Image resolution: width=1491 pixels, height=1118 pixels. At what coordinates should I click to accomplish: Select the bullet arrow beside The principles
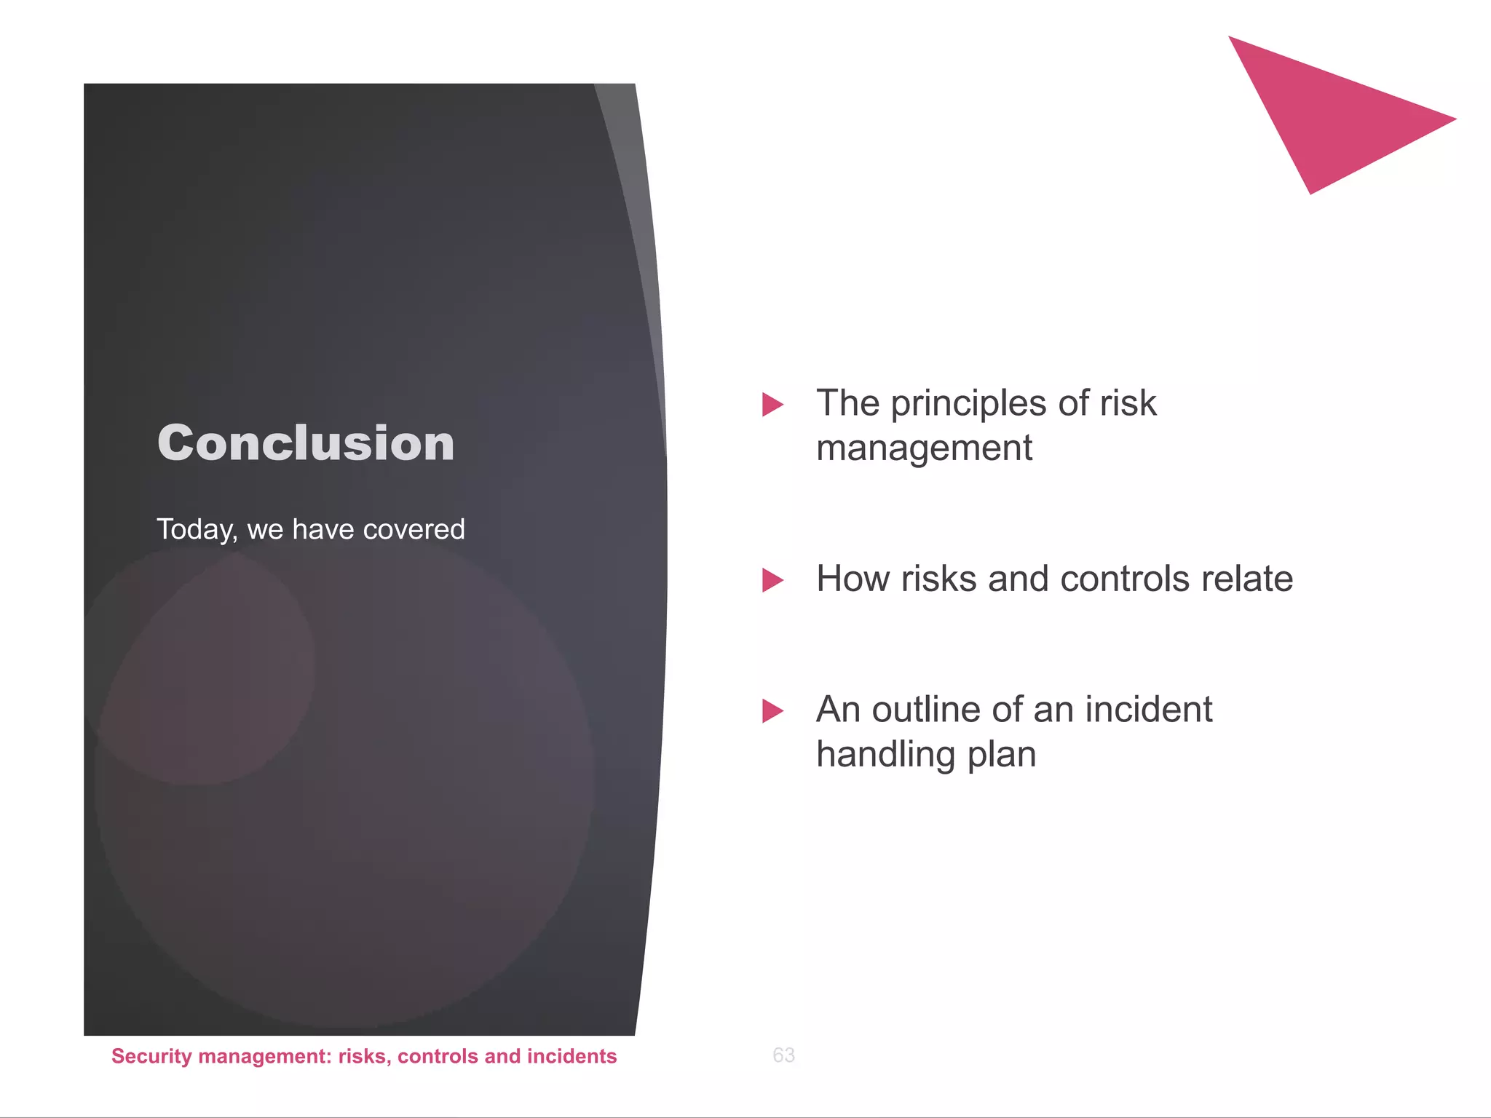pos(772,405)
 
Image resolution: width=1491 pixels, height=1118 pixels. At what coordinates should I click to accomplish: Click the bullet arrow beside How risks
pos(772,580)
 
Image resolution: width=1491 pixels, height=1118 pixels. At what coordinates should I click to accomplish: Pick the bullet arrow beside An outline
pos(772,711)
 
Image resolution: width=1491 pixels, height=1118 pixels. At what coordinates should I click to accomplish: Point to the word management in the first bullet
pos(923,448)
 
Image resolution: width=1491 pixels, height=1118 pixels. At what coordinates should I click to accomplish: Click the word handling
pos(885,755)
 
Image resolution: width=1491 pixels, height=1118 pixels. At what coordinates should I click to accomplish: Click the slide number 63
pos(783,1055)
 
